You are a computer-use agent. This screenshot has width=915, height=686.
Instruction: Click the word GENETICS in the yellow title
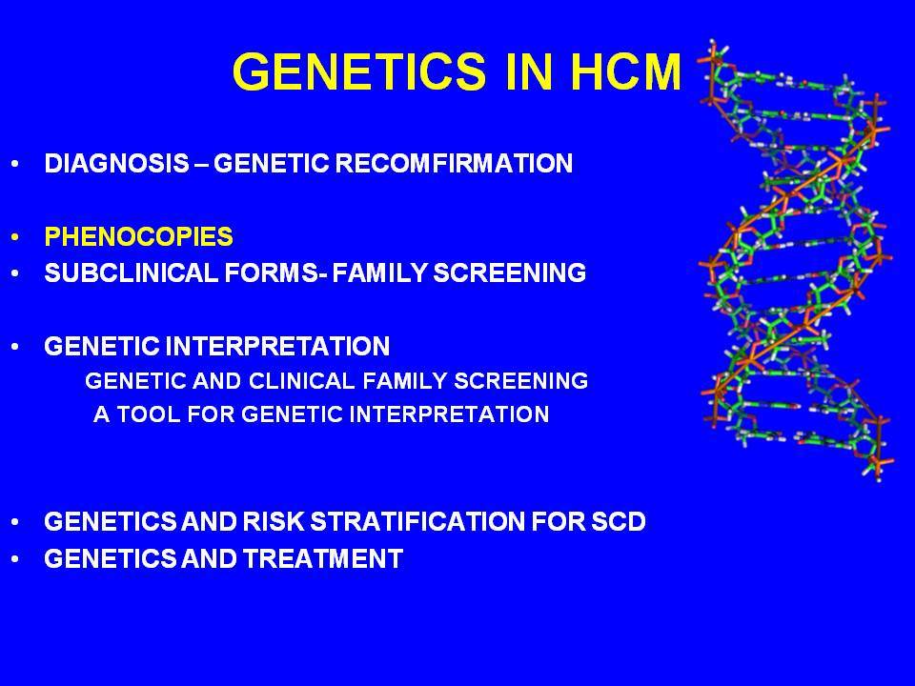[x=359, y=71]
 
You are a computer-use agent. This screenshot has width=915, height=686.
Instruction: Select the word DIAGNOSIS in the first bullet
[x=116, y=163]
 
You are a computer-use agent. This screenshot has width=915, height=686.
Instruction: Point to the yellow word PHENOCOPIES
[x=139, y=237]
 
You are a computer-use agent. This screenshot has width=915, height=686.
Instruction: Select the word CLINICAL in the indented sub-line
[x=302, y=381]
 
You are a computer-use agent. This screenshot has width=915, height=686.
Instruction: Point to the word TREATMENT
[x=323, y=558]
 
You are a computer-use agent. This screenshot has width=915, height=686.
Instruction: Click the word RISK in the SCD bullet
[x=274, y=521]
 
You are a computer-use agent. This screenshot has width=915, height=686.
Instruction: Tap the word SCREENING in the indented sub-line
[x=521, y=381]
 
